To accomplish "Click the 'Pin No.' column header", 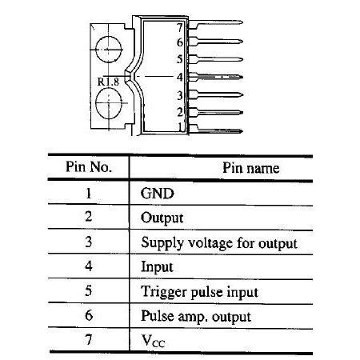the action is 89,167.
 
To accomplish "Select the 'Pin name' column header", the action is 251,168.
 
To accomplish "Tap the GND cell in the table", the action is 158,194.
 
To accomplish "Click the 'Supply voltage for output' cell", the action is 219,243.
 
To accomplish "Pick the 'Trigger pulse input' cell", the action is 199,292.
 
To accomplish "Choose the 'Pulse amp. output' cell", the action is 196,317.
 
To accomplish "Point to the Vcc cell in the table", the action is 153,341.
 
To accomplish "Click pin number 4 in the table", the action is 89,266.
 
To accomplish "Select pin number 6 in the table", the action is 89,315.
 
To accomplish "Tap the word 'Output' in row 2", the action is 162,218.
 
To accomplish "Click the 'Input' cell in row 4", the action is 157,267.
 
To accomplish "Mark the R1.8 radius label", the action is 108,82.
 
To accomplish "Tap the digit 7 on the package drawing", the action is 180,27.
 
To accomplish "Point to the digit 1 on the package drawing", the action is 181,126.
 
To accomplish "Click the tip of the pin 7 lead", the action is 242,22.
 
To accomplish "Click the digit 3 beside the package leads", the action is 180,95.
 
